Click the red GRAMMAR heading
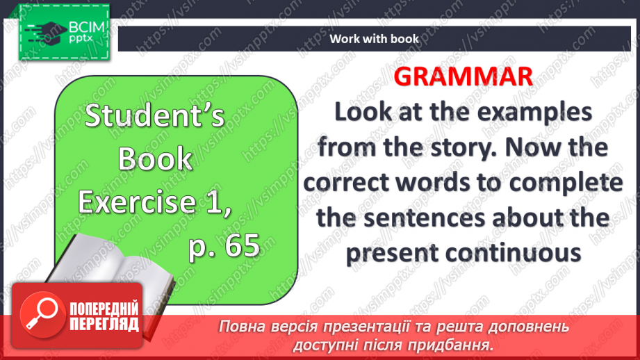(463, 76)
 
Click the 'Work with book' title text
(375, 39)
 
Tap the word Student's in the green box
(154, 117)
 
